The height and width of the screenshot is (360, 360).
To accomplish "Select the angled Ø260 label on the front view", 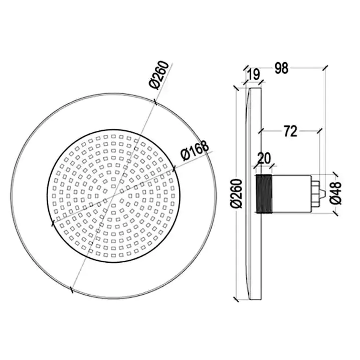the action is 159,75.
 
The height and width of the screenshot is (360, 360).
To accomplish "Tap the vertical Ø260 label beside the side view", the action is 237,194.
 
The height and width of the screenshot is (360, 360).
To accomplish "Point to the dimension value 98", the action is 281,68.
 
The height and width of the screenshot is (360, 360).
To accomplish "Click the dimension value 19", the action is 254,74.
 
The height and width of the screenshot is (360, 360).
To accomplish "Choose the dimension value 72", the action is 290,131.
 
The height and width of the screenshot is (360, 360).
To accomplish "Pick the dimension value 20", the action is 264,158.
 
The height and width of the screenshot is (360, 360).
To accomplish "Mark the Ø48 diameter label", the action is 335,193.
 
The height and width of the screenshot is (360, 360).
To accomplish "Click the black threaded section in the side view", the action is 264,194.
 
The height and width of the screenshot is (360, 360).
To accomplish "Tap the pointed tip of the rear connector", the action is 324,194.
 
